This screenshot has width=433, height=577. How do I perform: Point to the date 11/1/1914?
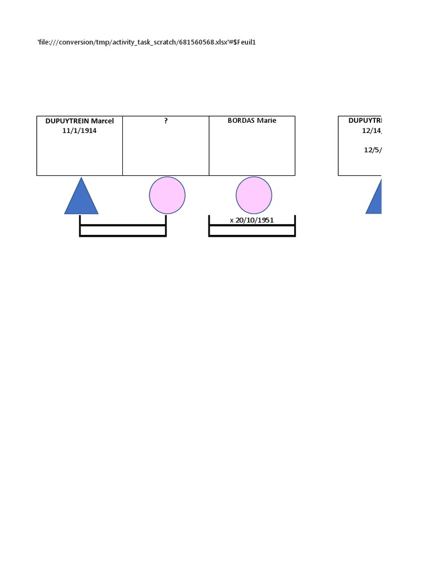pyautogui.click(x=79, y=130)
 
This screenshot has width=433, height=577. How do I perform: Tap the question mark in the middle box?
pyautogui.click(x=166, y=121)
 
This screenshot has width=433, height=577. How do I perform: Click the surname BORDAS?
pyautogui.click(x=241, y=121)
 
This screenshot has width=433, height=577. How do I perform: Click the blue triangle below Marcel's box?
pyautogui.click(x=81, y=199)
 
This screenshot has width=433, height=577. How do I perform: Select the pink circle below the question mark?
pyautogui.click(x=167, y=196)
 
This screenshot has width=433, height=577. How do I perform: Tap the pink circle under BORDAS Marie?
pyautogui.click(x=254, y=196)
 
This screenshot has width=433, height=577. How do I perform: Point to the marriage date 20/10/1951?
pyautogui.click(x=254, y=220)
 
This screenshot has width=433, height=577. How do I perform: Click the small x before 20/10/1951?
pyautogui.click(x=232, y=220)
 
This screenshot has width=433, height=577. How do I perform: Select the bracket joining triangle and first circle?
pyautogui.click(x=123, y=230)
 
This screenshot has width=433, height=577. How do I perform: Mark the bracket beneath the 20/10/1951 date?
pyautogui.click(x=252, y=230)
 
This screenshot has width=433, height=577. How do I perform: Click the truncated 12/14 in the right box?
pyautogui.click(x=372, y=130)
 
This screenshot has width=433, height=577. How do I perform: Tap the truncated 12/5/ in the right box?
pyautogui.click(x=373, y=150)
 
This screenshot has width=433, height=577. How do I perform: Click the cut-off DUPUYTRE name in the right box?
pyautogui.click(x=365, y=121)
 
